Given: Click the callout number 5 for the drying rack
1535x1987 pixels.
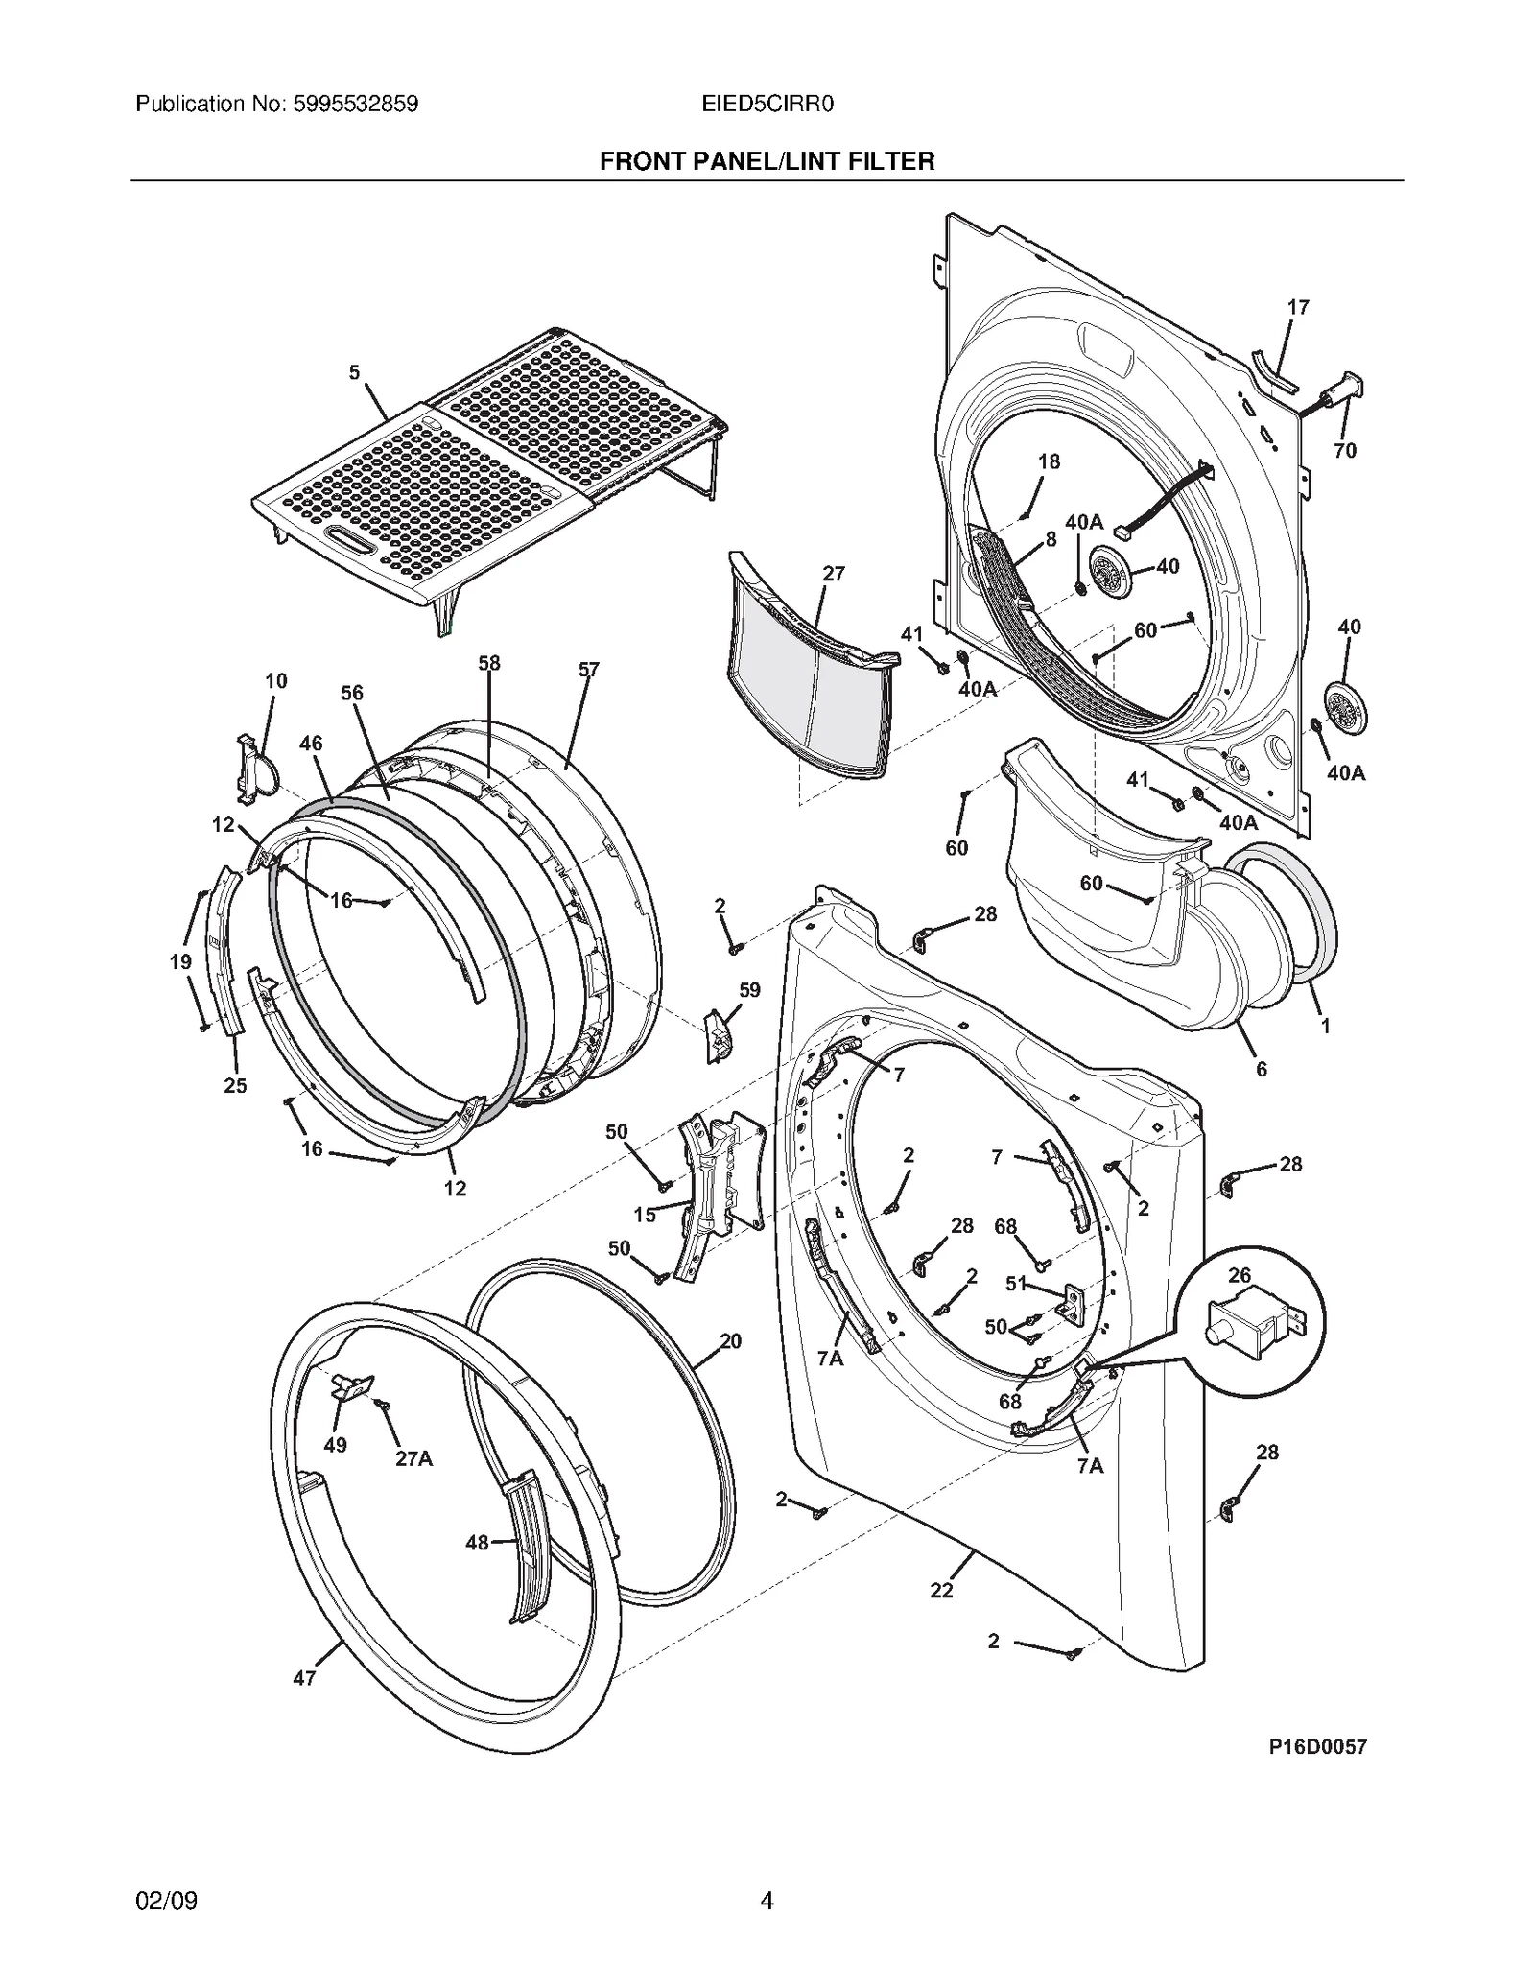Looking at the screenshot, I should (x=355, y=372).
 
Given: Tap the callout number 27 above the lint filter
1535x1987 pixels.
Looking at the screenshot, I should (x=834, y=574).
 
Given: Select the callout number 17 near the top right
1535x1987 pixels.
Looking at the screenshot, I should (x=1297, y=308).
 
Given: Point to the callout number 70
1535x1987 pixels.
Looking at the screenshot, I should (x=1345, y=451).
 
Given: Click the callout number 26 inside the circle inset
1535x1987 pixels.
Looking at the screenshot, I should (x=1240, y=1275).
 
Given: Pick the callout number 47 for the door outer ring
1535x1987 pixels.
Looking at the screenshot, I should (x=304, y=1678).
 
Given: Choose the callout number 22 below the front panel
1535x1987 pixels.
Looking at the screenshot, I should (x=942, y=1590).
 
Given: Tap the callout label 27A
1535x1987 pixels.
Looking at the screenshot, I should (x=413, y=1458).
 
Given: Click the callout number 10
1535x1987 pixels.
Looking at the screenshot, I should (x=275, y=681).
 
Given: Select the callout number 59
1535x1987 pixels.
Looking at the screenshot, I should (x=749, y=989).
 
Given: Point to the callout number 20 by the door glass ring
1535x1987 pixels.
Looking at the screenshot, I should (x=730, y=1341).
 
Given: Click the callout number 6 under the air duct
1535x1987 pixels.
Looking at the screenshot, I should (x=1261, y=1069).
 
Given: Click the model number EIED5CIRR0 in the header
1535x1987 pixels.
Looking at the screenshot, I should (x=767, y=104).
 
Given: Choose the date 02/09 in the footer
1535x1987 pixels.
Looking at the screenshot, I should (x=167, y=1899).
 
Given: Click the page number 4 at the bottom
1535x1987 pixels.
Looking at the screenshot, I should (x=767, y=1899).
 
